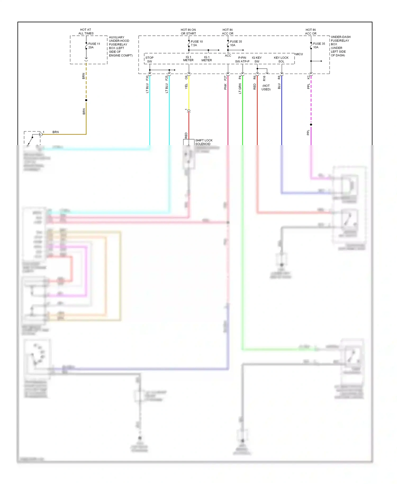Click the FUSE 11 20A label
(x=94, y=46)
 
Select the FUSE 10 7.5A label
(x=197, y=43)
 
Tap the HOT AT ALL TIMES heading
(x=86, y=32)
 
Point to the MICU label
(x=299, y=54)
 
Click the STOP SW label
(x=149, y=59)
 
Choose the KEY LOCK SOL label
(x=281, y=59)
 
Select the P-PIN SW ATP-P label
(x=242, y=59)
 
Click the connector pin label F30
(x=147, y=78)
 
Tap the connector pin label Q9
(x=186, y=78)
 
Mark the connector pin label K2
(x=308, y=77)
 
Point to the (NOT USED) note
(x=266, y=87)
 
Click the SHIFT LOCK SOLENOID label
(x=204, y=142)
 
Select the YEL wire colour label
(x=186, y=86)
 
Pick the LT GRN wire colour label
(x=240, y=88)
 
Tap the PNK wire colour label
(x=225, y=86)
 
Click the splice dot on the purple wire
(x=311, y=124)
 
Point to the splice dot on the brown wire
(x=86, y=100)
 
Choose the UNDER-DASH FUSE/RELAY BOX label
(x=340, y=46)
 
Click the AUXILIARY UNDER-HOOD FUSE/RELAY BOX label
(x=120, y=46)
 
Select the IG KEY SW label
(x=257, y=59)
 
